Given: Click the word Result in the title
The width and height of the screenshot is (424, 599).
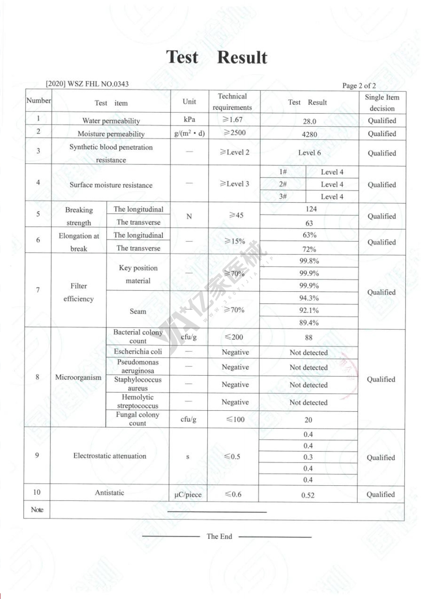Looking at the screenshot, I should click(x=242, y=58).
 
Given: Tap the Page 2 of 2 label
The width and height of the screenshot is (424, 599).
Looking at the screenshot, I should click(x=359, y=86).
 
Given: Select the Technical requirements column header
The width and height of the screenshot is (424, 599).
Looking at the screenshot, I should click(x=232, y=102).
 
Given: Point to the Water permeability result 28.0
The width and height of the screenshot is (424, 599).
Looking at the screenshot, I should click(x=310, y=121).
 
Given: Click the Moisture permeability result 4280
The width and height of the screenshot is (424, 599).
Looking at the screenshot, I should click(x=310, y=134).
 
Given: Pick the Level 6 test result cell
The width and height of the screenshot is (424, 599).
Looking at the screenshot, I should click(x=310, y=153).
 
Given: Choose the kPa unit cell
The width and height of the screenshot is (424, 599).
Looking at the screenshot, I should click(x=190, y=120).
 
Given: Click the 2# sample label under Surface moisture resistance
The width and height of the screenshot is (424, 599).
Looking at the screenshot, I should click(x=283, y=184).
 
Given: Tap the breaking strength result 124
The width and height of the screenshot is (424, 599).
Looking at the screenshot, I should click(x=311, y=209).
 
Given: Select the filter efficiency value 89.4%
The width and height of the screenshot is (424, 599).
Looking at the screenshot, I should click(x=309, y=323).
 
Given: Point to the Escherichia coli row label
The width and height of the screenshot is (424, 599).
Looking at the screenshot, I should click(x=138, y=351).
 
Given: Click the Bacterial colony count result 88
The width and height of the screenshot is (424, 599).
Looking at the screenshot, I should click(x=309, y=337).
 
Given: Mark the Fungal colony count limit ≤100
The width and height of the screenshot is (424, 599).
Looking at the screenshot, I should click(x=235, y=419).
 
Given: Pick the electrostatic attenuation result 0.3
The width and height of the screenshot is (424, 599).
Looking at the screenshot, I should click(x=308, y=457).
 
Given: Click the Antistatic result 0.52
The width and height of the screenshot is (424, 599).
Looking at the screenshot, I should click(x=308, y=495).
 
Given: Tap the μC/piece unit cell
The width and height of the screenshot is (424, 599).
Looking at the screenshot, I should click(x=188, y=495).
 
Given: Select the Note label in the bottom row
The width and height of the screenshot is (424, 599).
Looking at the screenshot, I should click(x=37, y=510).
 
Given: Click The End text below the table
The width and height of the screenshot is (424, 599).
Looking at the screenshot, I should click(x=219, y=536).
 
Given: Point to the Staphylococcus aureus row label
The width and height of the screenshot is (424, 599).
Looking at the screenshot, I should click(x=138, y=384).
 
